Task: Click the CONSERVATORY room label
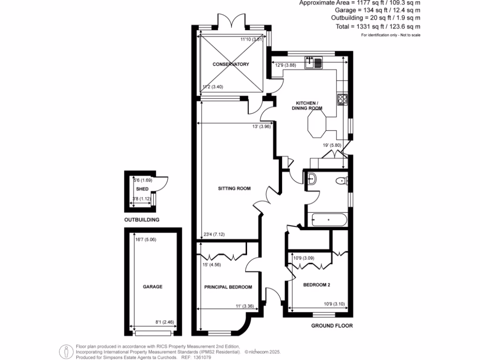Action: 230,64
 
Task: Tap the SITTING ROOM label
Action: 234,189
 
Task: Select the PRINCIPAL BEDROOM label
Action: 228,287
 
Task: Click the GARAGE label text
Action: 152,286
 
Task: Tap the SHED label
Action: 142,189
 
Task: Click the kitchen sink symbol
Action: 313,62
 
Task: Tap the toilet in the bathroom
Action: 341,181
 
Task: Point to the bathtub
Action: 328,219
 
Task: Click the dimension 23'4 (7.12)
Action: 214,235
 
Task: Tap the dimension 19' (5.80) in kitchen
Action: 332,145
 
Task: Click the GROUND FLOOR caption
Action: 332,326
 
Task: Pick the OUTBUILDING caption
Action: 142,219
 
